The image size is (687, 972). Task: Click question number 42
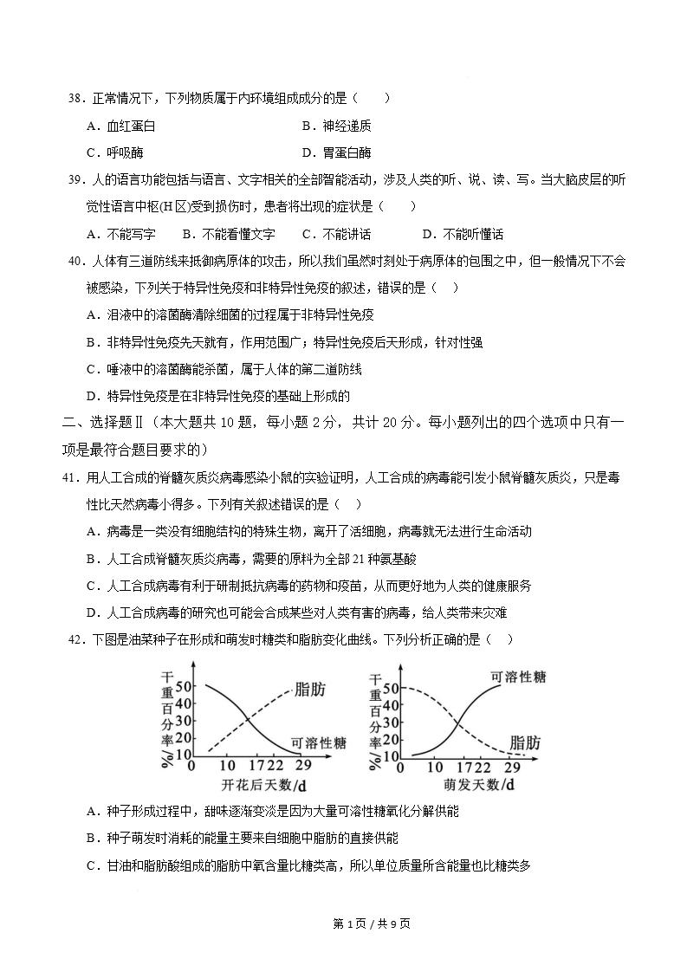(76, 639)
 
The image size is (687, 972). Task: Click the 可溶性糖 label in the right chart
(518, 677)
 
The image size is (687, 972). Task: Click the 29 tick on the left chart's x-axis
(303, 767)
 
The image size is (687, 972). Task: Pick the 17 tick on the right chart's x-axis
(460, 767)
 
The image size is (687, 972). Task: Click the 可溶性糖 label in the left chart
(318, 742)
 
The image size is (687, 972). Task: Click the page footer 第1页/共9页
(372, 923)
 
